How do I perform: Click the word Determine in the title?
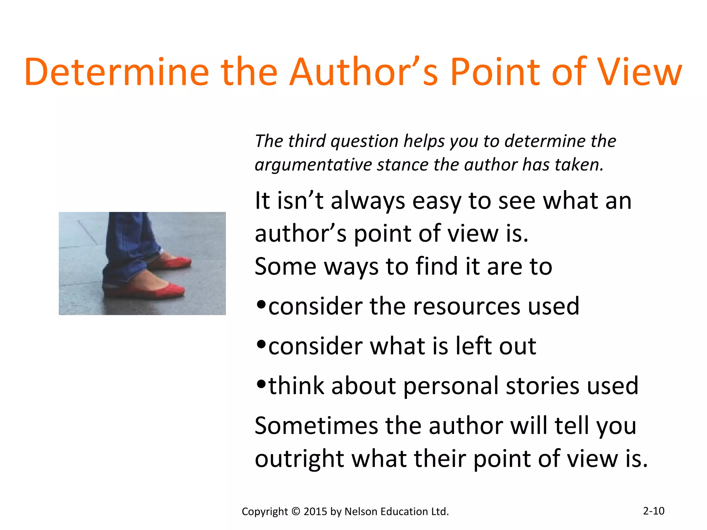coord(117,72)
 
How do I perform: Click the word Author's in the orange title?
coord(364,72)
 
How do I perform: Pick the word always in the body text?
coord(368,201)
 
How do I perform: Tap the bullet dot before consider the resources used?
coord(261,305)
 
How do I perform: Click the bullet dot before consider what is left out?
coord(261,344)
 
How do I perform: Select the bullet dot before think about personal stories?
coord(261,384)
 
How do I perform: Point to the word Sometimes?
coord(316,426)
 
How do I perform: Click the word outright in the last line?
coord(299,459)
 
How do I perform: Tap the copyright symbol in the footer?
coord(296,511)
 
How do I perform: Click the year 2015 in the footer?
coord(315,511)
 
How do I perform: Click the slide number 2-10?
coord(653,511)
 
